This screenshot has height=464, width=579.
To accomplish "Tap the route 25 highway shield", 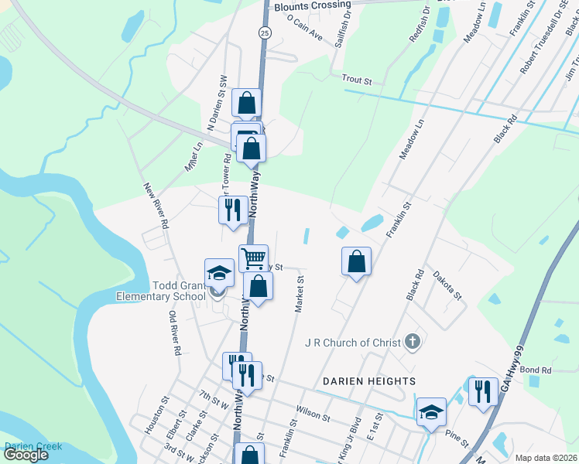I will point(265,32).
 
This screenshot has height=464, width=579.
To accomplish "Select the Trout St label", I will point(357,80).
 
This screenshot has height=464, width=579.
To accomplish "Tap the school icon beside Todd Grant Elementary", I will point(219,273).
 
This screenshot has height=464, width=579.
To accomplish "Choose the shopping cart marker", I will point(253,258).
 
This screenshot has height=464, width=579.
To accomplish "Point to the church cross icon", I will point(413,341).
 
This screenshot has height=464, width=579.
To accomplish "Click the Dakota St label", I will point(447,285).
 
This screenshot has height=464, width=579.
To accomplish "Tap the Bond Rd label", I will point(535,371).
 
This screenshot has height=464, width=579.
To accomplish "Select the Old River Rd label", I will point(175,333).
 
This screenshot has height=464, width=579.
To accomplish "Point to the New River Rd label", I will point(155,205).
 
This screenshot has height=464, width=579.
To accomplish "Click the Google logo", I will point(26,455).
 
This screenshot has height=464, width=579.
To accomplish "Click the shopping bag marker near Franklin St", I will point(356,261).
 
